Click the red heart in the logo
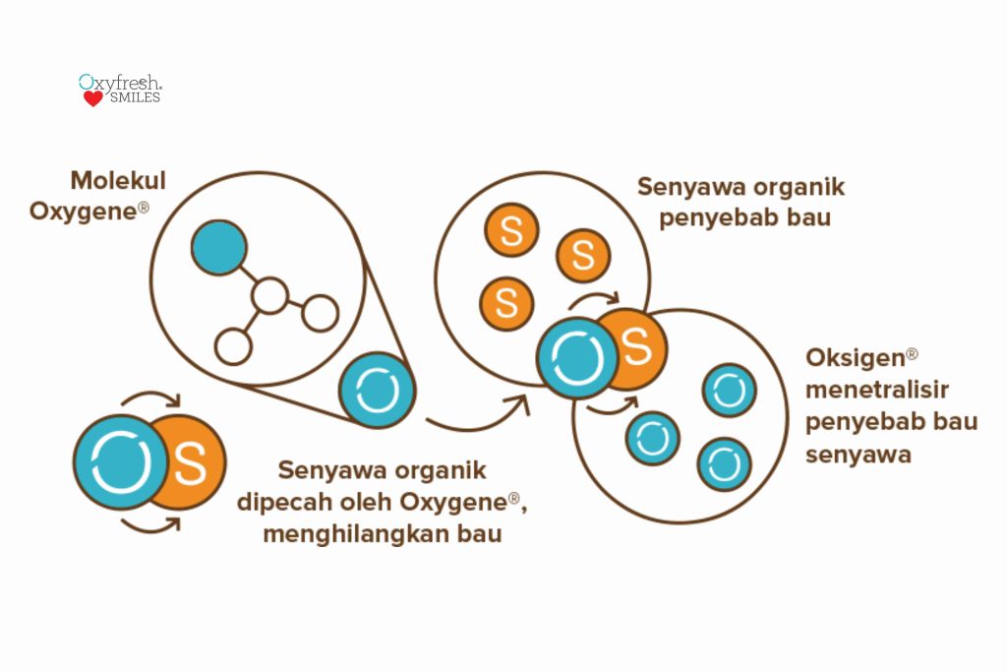(x=92, y=98)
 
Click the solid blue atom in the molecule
(x=218, y=248)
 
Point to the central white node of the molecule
(x=269, y=295)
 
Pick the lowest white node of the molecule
(x=233, y=346)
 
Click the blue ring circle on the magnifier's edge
(x=378, y=390)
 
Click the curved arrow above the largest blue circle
(x=150, y=399)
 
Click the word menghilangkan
(x=339, y=534)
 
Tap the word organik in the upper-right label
(x=795, y=188)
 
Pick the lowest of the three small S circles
(x=506, y=303)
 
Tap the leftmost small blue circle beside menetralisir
(x=652, y=439)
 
